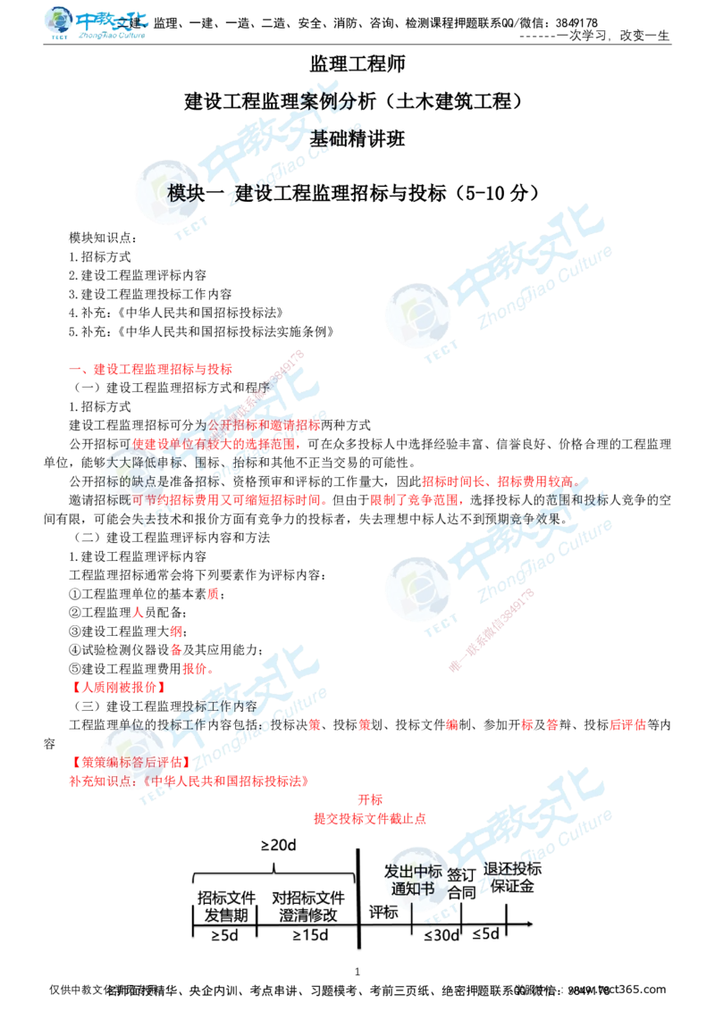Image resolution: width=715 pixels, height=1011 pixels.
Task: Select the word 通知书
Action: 413,890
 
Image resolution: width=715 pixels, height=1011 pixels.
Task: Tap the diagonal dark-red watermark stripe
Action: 492,630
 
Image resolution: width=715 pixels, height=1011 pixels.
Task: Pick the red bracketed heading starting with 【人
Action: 119,687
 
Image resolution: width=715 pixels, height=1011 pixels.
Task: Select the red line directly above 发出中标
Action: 369,817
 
